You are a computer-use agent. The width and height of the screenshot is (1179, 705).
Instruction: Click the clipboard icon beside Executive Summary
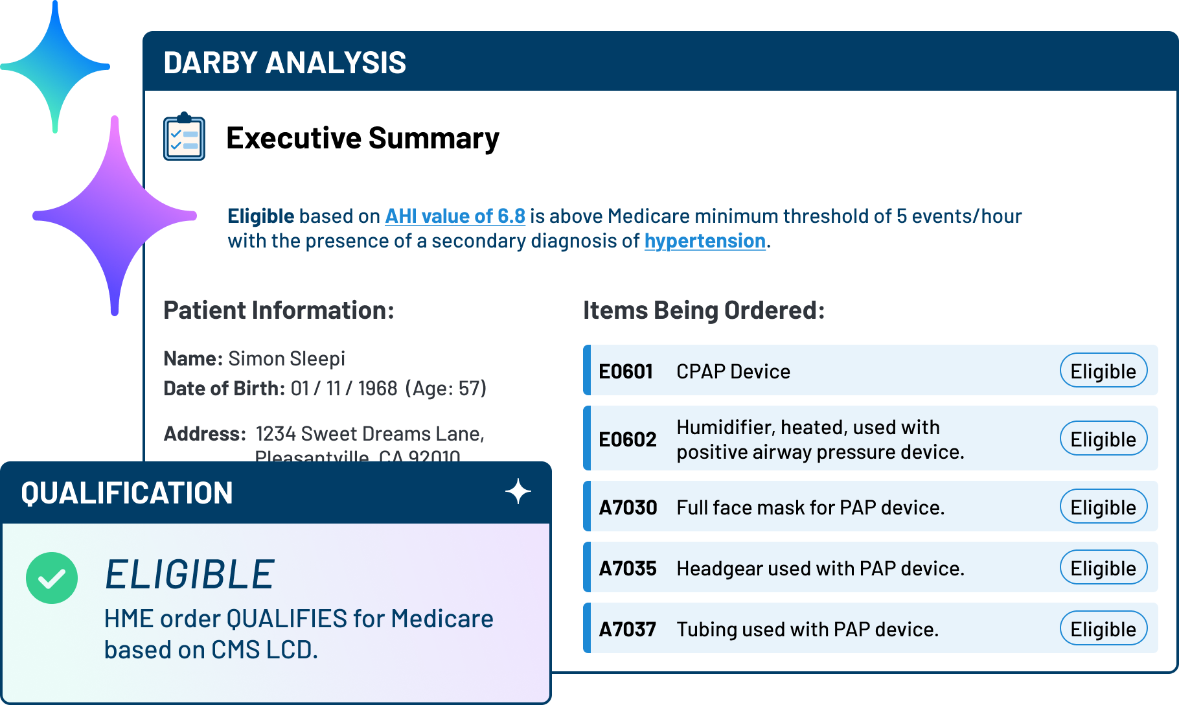click(x=184, y=137)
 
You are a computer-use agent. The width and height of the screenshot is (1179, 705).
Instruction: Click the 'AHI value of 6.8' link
click(x=455, y=216)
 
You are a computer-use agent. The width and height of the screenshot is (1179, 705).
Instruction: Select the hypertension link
click(x=705, y=241)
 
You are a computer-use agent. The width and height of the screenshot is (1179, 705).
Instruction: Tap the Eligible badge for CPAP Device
click(x=1103, y=371)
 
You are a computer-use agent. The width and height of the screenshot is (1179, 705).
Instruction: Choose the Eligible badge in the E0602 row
click(x=1103, y=439)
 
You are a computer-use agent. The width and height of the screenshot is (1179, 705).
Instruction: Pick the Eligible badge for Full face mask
click(x=1103, y=507)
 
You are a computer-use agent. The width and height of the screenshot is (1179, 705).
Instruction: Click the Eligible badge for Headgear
click(x=1103, y=568)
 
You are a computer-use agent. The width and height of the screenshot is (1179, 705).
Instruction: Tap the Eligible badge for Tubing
click(x=1103, y=629)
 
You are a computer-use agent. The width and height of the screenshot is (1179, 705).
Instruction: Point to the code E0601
click(x=626, y=371)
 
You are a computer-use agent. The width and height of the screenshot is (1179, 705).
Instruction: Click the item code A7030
click(x=628, y=507)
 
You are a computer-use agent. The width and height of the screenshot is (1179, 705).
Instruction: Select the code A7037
click(x=628, y=629)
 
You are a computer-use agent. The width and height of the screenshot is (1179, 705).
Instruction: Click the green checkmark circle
click(x=52, y=578)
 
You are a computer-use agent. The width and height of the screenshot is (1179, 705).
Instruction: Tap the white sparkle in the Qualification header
click(x=518, y=492)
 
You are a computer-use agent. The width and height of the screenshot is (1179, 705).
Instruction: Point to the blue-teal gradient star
click(x=56, y=67)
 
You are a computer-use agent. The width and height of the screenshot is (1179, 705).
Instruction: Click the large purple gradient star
click(x=115, y=216)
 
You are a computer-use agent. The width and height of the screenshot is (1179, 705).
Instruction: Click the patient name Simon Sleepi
click(x=286, y=358)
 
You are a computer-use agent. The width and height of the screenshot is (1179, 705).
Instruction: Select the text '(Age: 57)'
click(x=446, y=388)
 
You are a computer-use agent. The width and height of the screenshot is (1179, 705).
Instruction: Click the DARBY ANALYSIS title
click(x=285, y=63)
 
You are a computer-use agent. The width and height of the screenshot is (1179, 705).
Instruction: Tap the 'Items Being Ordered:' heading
click(x=704, y=310)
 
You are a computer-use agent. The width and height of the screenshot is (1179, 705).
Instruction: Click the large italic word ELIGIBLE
click(x=190, y=575)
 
